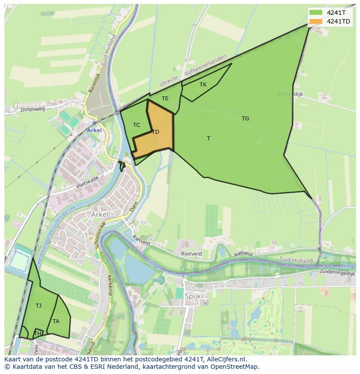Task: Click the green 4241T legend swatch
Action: tap(316, 13)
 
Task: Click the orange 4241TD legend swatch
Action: tap(316, 21)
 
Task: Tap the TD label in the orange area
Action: tap(155, 132)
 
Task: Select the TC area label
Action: tap(137, 125)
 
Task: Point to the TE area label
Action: tap(165, 99)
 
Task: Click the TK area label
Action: tap(203, 85)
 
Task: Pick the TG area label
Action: tap(245, 118)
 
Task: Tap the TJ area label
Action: tap(39, 306)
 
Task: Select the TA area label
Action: tap(56, 321)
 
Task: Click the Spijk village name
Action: tap(193, 297)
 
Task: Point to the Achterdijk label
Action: tap(290, 94)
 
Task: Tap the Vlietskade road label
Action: tap(87, 181)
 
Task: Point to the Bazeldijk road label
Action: tap(94, 83)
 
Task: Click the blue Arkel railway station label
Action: tap(94, 130)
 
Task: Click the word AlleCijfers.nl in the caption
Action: tap(226, 360)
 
